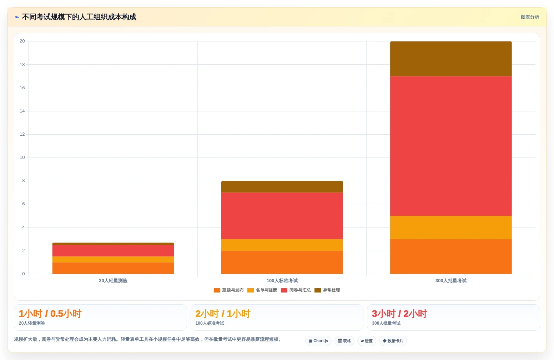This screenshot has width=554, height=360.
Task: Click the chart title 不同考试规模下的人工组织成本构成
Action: tap(79, 17)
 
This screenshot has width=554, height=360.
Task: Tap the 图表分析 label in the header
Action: tap(530, 17)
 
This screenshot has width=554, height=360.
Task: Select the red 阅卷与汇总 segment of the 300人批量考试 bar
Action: tap(451, 146)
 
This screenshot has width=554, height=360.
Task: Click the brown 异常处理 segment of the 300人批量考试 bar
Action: tap(451, 59)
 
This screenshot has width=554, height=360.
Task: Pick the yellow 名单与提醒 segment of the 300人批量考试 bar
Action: tap(451, 227)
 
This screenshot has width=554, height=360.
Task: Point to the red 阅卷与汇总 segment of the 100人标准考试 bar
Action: tap(282, 216)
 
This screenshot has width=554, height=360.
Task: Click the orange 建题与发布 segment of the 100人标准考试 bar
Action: tap(282, 262)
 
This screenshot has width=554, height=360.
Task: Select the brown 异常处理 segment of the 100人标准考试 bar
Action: tap(282, 187)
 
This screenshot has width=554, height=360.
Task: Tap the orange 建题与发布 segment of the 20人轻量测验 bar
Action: tap(113, 268)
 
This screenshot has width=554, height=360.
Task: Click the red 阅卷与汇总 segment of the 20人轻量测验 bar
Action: tap(113, 251)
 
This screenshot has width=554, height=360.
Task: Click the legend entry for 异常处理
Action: tap(327, 290)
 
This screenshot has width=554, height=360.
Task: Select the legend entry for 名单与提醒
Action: tap(262, 290)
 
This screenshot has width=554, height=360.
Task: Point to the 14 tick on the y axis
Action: tap(22, 111)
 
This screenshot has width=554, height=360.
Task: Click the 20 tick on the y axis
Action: tap(22, 41)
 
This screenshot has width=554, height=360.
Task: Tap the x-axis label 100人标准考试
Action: tap(282, 281)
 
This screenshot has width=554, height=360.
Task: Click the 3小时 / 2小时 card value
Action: tap(399, 314)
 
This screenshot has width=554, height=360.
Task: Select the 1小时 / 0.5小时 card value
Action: tap(50, 314)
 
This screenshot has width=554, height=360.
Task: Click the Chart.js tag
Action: tap(318, 341)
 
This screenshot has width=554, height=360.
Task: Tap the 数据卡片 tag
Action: tap(393, 341)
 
